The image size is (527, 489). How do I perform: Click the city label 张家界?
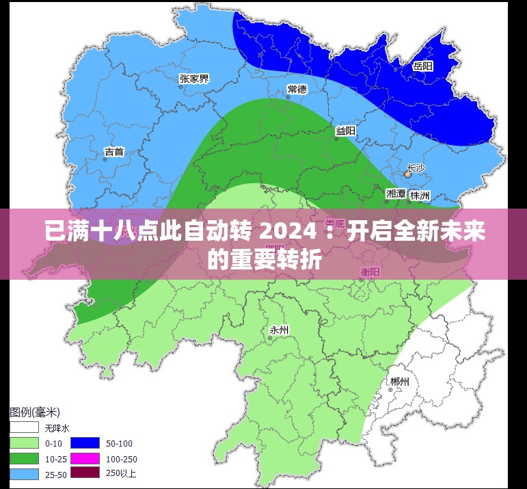194,79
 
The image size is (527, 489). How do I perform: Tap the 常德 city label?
297,89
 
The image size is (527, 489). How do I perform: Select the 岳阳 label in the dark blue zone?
423,66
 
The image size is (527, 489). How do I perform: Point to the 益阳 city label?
345,131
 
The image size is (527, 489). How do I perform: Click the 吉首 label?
114,152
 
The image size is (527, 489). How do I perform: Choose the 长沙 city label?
416,168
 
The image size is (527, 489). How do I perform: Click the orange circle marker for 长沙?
407,175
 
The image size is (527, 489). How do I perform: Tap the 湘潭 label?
396,194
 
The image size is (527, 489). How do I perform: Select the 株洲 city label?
420,195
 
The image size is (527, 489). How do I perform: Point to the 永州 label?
280,330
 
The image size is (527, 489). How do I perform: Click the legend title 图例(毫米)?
35,412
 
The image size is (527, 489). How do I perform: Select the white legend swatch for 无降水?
24,428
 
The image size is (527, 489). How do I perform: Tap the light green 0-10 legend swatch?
24,443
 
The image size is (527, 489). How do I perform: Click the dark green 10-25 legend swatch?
24,458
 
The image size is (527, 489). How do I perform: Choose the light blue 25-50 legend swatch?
24,473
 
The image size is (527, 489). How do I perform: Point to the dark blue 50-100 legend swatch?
85,443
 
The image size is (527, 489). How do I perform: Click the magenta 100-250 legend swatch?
85,458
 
